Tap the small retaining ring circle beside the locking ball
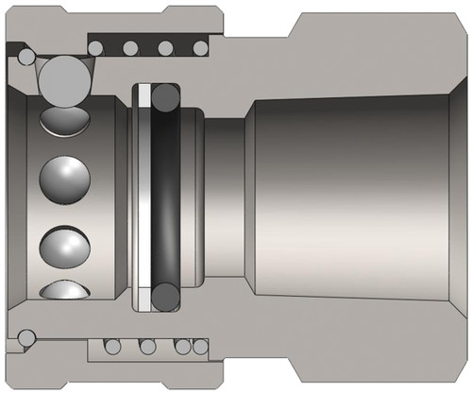point(23,58)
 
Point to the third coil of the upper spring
point(164,47)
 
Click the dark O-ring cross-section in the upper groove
point(166,97)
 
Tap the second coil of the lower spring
point(147,346)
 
